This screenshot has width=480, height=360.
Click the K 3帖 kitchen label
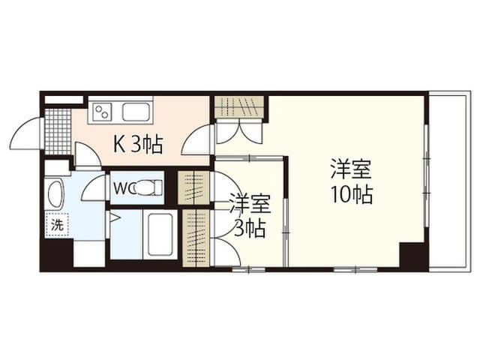(138, 144)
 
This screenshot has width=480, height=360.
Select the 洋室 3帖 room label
(250, 215)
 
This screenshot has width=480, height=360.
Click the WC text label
(121, 188)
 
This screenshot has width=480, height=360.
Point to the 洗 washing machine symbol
(57, 225)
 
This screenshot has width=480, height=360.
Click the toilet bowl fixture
(148, 187)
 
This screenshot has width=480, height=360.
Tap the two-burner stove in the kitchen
(102, 111)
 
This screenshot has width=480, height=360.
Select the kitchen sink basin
(136, 112)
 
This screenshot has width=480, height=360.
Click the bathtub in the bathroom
(160, 235)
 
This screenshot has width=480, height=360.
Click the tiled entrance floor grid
(58, 130)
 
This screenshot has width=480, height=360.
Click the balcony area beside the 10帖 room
(449, 181)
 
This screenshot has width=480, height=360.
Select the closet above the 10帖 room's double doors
(238, 106)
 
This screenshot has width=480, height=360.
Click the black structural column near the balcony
(412, 255)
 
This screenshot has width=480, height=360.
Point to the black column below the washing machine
(57, 254)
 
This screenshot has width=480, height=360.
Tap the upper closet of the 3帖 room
(193, 188)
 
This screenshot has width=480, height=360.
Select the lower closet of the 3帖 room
(196, 238)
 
